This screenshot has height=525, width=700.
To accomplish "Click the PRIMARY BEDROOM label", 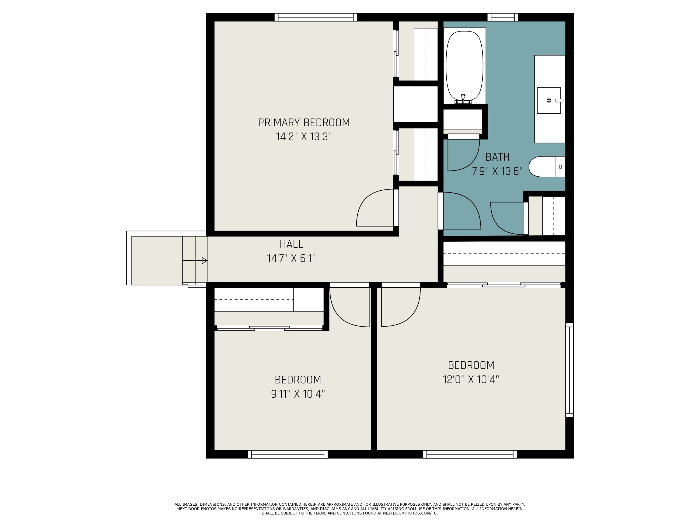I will [304, 123].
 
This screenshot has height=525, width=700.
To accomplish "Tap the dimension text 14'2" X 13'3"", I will [304, 137].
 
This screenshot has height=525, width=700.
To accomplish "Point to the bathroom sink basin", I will [549, 100].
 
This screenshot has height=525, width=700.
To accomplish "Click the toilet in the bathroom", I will [546, 166].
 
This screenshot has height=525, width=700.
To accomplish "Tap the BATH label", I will [497, 157].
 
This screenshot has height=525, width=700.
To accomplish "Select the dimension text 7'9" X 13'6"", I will [497, 171].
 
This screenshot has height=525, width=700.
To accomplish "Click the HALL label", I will [291, 244].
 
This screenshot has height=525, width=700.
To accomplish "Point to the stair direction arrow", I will [204, 261].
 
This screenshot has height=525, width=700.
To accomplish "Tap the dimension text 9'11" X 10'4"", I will [298, 394].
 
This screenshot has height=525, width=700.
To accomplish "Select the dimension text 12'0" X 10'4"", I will [471, 379].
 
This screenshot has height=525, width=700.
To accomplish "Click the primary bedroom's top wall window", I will [315, 17].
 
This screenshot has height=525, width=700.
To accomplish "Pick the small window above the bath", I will [503, 17].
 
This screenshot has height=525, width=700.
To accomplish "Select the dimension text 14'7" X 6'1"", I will [291, 259].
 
